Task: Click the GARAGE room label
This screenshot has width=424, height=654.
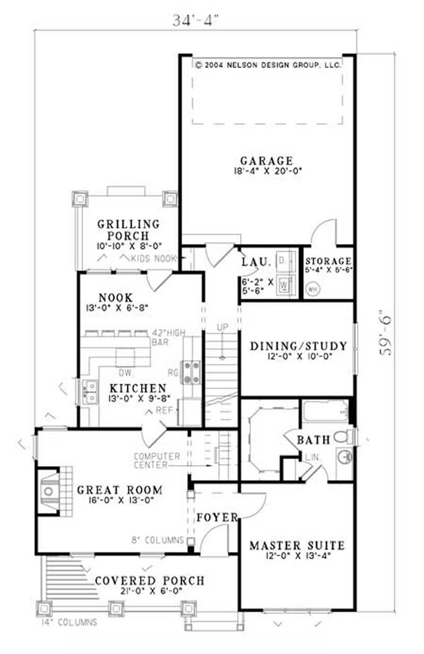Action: click(266, 160)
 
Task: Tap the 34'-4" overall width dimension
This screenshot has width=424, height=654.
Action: click(196, 20)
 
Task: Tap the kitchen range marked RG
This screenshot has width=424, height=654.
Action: click(191, 372)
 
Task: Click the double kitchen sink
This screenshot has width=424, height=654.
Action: click(89, 391)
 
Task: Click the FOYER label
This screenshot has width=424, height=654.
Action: click(217, 517)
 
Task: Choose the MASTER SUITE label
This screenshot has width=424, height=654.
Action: click(297, 545)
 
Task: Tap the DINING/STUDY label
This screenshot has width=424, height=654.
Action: click(298, 347)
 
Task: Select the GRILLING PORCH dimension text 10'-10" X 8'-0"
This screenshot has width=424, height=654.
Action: click(128, 246)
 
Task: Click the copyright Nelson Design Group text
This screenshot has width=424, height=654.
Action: click(268, 65)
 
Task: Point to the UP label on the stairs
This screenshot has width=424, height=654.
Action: click(222, 328)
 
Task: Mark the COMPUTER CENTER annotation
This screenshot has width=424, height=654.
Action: click(157, 460)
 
